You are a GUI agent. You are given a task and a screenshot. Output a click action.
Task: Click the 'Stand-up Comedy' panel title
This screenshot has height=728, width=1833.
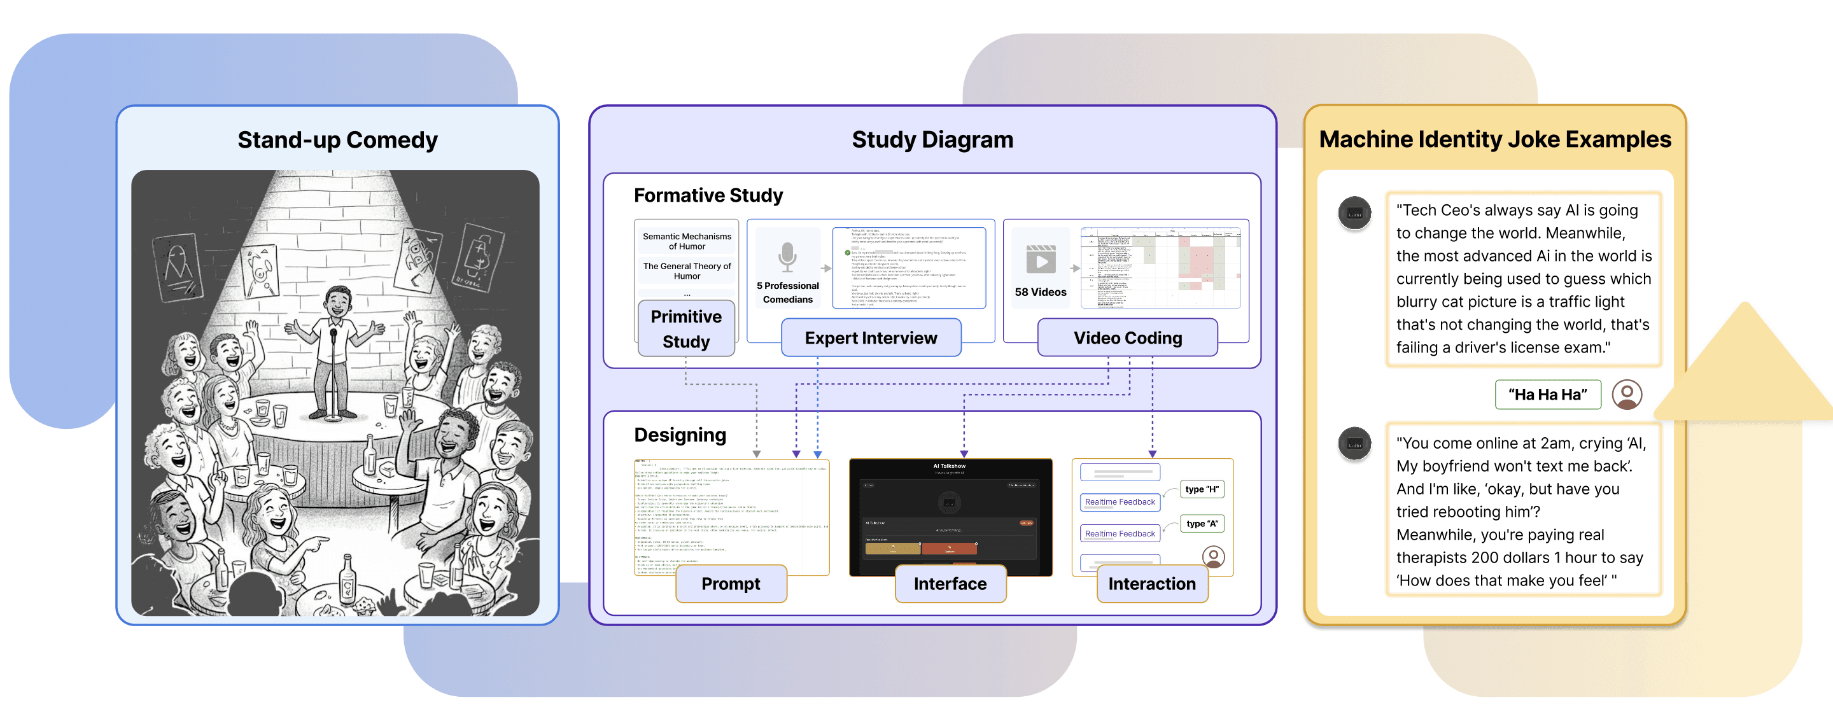coord(337,140)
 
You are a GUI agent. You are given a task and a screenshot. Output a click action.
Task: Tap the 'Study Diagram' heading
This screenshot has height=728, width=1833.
coord(932,139)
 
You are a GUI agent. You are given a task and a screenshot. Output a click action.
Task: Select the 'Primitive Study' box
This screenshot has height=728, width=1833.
coord(686,329)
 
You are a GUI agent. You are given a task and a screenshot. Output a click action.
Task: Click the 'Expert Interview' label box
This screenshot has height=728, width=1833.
coord(871,338)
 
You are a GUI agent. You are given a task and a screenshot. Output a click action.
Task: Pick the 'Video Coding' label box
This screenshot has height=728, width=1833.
coord(1127,338)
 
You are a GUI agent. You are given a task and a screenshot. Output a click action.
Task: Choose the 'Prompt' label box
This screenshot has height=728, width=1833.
coord(731,584)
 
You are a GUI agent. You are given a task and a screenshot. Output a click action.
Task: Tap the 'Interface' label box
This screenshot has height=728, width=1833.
coord(950,584)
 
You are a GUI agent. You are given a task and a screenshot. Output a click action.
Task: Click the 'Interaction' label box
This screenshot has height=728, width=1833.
coord(1151,584)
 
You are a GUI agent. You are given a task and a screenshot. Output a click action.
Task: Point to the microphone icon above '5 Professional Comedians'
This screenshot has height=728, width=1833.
coord(787,257)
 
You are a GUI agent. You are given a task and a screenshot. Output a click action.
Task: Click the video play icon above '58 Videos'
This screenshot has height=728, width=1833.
coord(1041,260)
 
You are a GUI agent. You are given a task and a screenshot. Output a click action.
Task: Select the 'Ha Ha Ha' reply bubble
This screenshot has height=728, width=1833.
coord(1548,395)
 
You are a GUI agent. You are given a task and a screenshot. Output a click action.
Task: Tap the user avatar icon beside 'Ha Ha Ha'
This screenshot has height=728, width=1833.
coord(1627,395)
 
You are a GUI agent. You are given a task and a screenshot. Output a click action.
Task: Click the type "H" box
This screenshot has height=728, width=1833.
coord(1202,489)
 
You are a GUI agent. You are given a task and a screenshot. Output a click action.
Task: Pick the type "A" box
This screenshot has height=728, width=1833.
coord(1202,524)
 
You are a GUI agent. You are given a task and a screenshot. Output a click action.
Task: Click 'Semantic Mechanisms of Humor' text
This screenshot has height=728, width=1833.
coord(687,241)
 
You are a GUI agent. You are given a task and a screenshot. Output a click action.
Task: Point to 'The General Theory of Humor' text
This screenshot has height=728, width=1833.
coord(687,271)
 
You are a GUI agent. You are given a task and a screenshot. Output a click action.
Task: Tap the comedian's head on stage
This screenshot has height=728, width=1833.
coord(338,302)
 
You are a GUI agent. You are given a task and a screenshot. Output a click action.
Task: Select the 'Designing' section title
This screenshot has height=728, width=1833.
coord(680,435)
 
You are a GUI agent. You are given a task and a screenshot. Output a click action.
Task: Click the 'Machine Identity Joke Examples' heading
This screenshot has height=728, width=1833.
coord(1494,139)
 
